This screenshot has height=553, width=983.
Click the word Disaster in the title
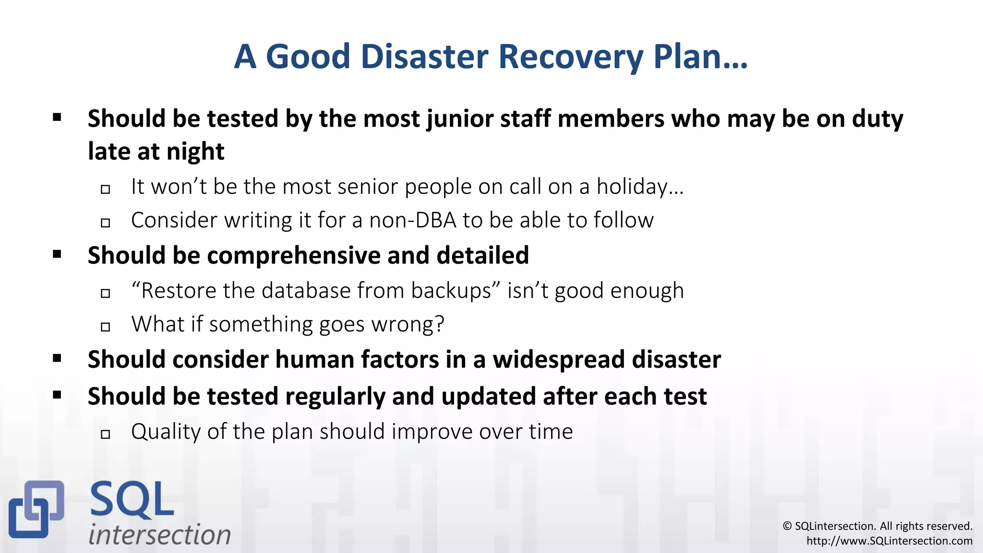425,57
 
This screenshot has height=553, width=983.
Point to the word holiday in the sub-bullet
632,187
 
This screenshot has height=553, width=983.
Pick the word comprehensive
294,255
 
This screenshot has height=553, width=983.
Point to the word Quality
166,432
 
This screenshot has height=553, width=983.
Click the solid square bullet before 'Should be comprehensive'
57,254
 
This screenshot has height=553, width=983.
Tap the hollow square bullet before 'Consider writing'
106,223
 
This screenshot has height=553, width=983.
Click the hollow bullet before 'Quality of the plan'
106,434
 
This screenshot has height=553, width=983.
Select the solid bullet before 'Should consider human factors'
57,358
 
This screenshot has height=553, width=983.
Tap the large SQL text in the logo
132,500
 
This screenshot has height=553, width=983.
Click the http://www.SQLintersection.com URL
889,541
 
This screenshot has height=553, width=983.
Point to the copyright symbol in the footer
787,526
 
